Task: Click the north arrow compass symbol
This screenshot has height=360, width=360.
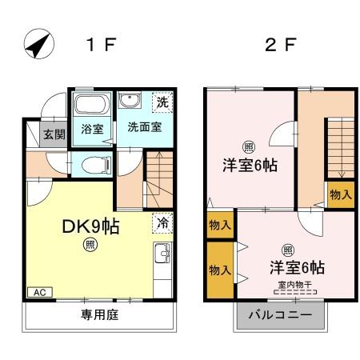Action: [39, 44]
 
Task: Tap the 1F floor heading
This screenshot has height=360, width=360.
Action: [102, 44]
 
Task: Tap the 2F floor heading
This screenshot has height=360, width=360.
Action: [281, 44]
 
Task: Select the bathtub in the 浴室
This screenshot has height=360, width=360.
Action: [92, 104]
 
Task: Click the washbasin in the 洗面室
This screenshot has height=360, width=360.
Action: [130, 100]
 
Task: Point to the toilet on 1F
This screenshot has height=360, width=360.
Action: [96, 165]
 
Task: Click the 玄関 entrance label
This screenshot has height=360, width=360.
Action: [54, 134]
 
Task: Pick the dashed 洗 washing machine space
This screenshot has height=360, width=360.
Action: [162, 102]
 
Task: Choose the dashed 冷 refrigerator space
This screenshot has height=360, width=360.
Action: [162, 223]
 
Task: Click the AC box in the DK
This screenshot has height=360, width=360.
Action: [40, 292]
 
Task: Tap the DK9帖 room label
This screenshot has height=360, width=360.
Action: [90, 226]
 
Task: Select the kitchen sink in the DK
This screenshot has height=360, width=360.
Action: [162, 254]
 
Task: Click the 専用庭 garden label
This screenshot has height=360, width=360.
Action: [99, 315]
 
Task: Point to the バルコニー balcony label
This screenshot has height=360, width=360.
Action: [280, 315]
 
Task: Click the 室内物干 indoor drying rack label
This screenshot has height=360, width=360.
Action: [295, 285]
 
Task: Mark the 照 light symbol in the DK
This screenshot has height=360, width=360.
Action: [90, 245]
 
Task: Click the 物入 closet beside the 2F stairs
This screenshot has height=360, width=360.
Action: [341, 194]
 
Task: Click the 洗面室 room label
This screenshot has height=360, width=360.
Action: [145, 127]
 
